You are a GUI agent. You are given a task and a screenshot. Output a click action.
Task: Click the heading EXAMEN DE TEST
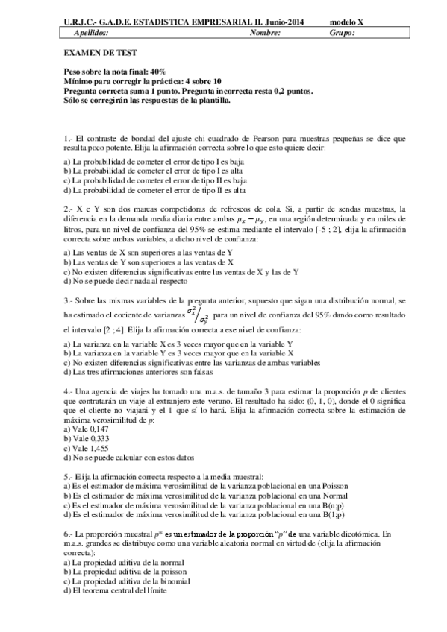click(x=92, y=54)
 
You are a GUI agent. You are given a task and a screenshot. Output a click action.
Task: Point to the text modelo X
click(x=347, y=22)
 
